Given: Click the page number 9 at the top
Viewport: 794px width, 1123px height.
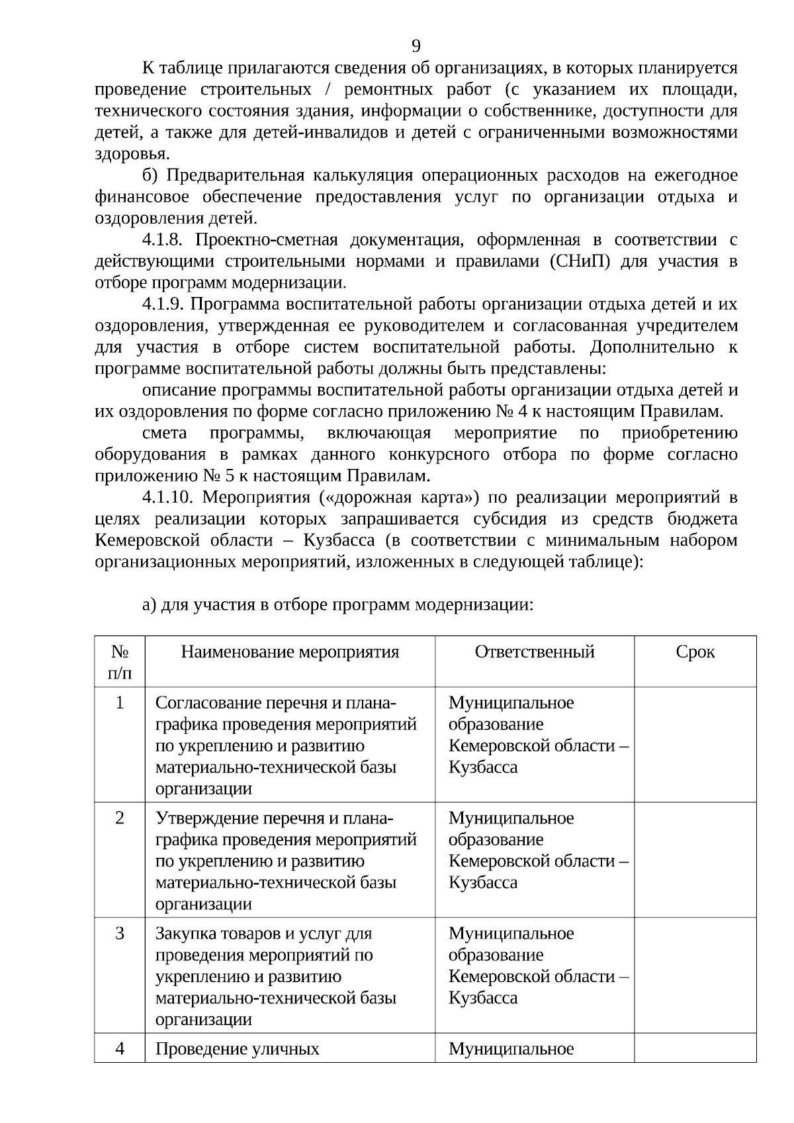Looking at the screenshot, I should tap(416, 46).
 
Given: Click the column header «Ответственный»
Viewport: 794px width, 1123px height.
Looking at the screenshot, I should tap(534, 652).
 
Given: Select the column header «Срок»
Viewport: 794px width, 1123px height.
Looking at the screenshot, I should tap(695, 652).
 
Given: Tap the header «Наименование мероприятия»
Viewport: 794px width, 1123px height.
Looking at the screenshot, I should tap(290, 652).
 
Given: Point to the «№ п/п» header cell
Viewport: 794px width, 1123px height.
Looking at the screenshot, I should tap(120, 662).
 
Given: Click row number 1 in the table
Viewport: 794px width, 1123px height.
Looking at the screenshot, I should tap(120, 702).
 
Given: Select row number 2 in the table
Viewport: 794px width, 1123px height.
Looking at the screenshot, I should tap(120, 818).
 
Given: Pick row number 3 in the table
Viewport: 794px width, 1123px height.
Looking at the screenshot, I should tap(120, 933).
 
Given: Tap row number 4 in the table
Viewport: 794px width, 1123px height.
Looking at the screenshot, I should tap(120, 1049).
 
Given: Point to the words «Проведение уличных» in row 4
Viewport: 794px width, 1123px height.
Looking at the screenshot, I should tap(237, 1049).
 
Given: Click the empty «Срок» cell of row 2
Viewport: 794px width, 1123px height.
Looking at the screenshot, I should tap(695, 860).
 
